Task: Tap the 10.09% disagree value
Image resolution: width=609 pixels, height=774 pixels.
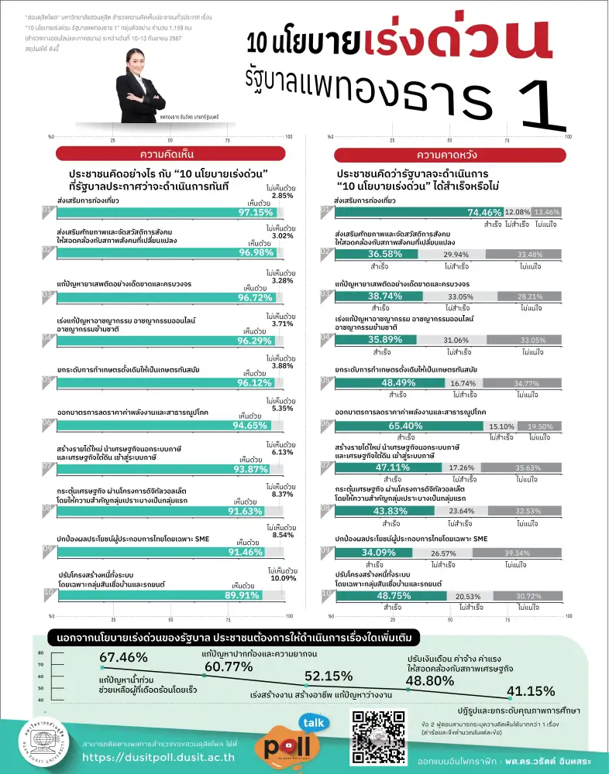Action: click(x=283, y=578)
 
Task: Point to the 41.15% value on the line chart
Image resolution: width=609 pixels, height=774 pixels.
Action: click(x=531, y=691)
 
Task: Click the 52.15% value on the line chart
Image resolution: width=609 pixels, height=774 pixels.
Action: click(x=329, y=675)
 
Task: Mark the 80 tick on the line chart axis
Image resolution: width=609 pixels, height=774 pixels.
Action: click(x=40, y=652)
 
